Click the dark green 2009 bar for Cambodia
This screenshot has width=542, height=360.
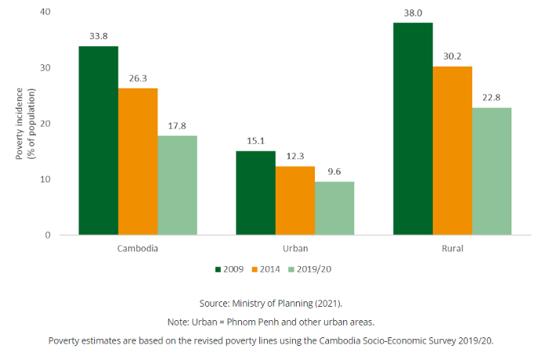99,141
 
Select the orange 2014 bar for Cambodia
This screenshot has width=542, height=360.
138,161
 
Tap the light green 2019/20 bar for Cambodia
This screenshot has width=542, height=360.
177,185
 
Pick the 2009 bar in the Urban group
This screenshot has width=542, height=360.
255,193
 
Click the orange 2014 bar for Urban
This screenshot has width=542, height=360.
294,200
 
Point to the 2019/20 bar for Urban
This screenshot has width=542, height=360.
334,208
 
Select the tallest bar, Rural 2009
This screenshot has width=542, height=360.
413,129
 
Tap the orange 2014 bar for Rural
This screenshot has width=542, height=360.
452,150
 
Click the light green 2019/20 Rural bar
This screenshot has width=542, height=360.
491,171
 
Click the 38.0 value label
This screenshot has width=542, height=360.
413,13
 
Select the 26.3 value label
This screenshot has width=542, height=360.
138,79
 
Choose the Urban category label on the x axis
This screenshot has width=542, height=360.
294,248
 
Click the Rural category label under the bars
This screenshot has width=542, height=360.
452,248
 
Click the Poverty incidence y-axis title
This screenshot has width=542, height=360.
26,124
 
